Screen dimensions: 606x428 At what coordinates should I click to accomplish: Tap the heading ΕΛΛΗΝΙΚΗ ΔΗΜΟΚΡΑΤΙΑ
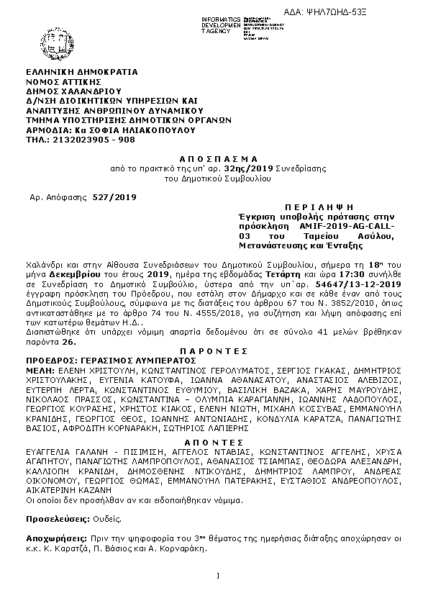(x=81, y=73)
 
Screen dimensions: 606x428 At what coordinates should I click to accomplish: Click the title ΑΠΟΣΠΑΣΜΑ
(x=214, y=157)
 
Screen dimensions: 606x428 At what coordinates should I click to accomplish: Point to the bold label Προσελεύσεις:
(x=58, y=518)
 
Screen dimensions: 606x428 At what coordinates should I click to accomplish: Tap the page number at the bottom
(x=217, y=575)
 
